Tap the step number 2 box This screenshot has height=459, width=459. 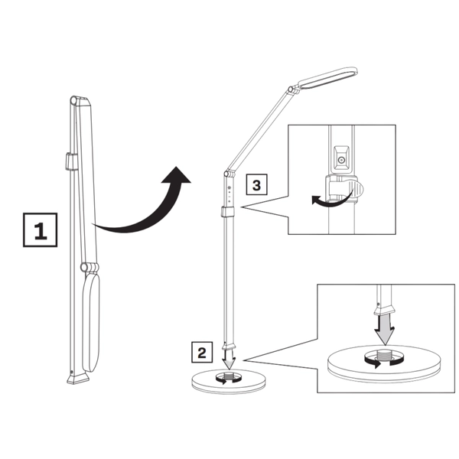(x=201, y=353)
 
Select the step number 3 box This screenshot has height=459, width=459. (x=257, y=184)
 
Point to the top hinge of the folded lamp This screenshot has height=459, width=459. (x=74, y=99)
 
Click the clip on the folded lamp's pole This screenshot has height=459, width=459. (x=69, y=161)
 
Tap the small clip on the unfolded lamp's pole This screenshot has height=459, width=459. (x=228, y=213)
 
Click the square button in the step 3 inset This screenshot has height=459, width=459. (x=342, y=159)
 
